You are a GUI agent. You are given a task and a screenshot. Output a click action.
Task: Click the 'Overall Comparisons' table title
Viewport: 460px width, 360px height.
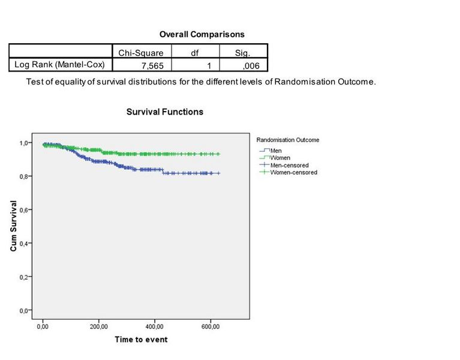click(202, 35)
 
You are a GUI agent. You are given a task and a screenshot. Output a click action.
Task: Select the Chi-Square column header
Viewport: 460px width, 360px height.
click(141, 53)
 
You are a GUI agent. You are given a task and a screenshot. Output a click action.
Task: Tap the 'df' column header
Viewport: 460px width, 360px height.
click(194, 53)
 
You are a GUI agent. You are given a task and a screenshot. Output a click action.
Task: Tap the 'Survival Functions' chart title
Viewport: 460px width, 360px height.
click(165, 112)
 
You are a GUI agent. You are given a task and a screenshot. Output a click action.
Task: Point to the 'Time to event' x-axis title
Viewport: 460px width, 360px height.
click(141, 340)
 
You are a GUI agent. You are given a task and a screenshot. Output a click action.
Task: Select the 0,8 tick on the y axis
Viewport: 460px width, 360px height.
click(23, 176)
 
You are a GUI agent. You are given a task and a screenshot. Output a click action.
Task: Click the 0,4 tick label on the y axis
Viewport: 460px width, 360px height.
click(23, 244)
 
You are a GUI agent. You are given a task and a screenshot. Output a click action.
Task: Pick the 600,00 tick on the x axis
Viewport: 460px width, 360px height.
click(210, 326)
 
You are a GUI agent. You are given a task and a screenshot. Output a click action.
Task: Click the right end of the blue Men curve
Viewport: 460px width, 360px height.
click(220, 173)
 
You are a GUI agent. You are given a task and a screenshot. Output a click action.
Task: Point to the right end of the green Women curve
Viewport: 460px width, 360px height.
click(220, 154)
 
